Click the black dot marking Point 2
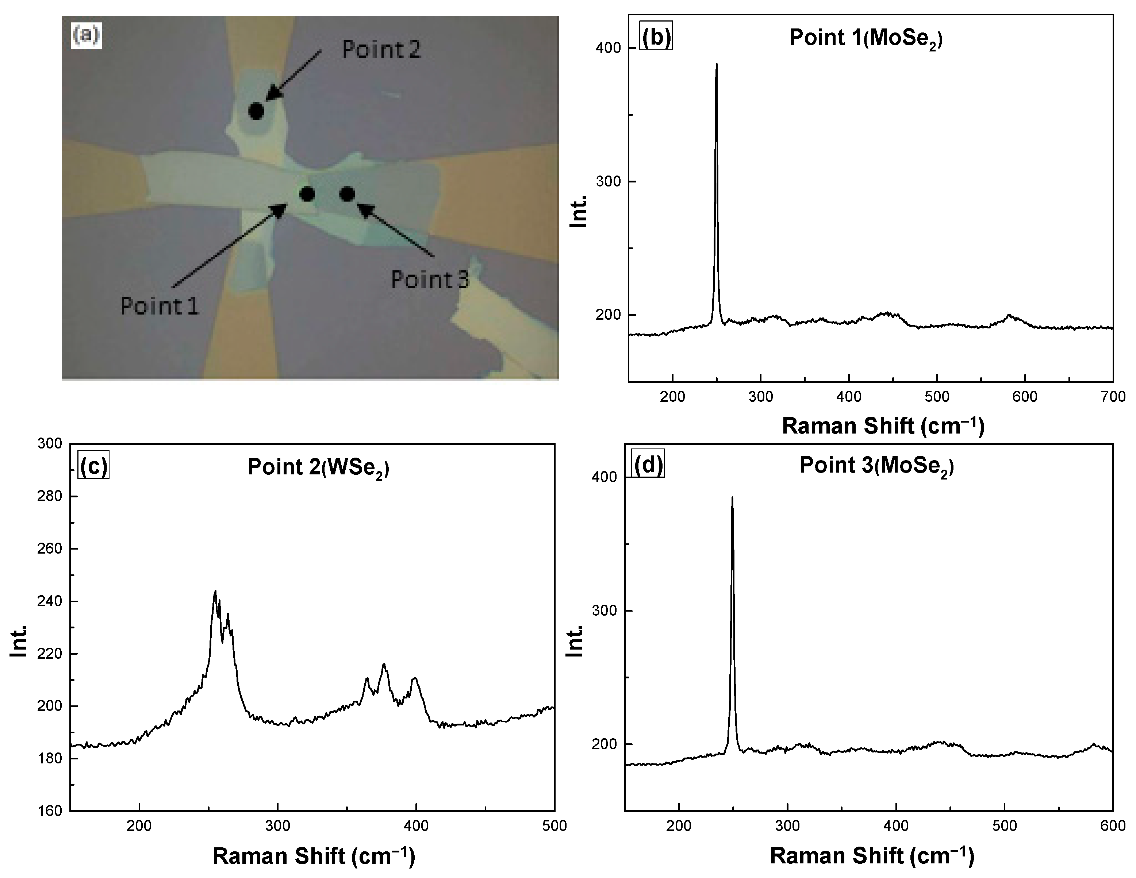[x=256, y=111]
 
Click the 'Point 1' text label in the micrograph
[x=160, y=306]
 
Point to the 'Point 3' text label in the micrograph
[x=430, y=280]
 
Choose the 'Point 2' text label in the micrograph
[x=381, y=49]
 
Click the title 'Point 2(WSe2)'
[x=318, y=467]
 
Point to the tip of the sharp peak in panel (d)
[x=732, y=497]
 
